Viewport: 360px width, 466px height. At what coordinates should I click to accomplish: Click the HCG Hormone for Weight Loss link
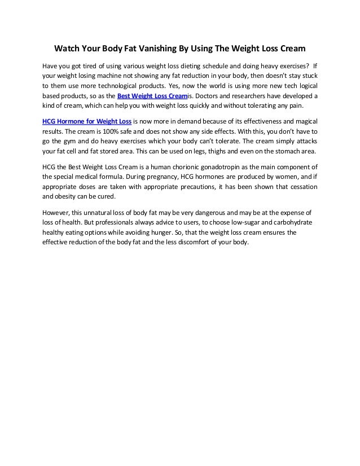pyautogui.click(x=86, y=121)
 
